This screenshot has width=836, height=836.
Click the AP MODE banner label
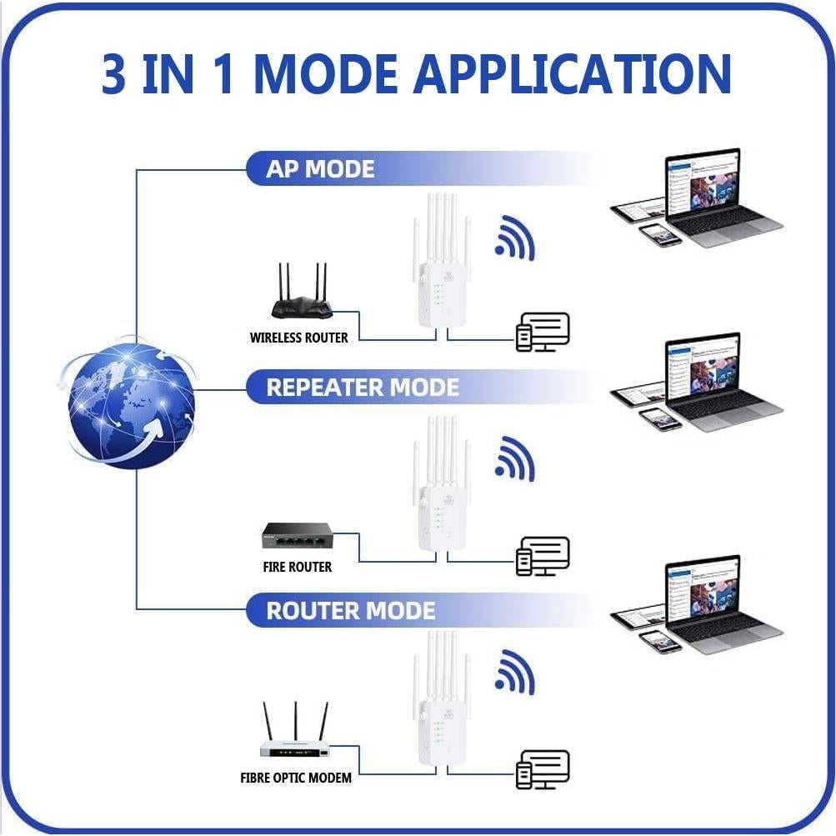coord(320,169)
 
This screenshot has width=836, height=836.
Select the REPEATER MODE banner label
coord(362,388)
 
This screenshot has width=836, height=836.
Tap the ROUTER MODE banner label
coord(350,611)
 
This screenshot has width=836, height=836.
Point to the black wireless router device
coord(301,296)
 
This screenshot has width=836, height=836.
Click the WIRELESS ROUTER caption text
coord(298,338)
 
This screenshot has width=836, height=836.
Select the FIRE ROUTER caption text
coord(297,567)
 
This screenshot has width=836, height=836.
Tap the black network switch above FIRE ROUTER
coord(298,536)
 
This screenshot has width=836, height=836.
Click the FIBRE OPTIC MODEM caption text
coord(296,778)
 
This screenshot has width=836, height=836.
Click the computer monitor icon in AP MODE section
coord(543,332)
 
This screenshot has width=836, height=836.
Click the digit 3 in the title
coord(116,73)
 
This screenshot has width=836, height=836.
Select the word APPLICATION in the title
coord(573,73)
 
